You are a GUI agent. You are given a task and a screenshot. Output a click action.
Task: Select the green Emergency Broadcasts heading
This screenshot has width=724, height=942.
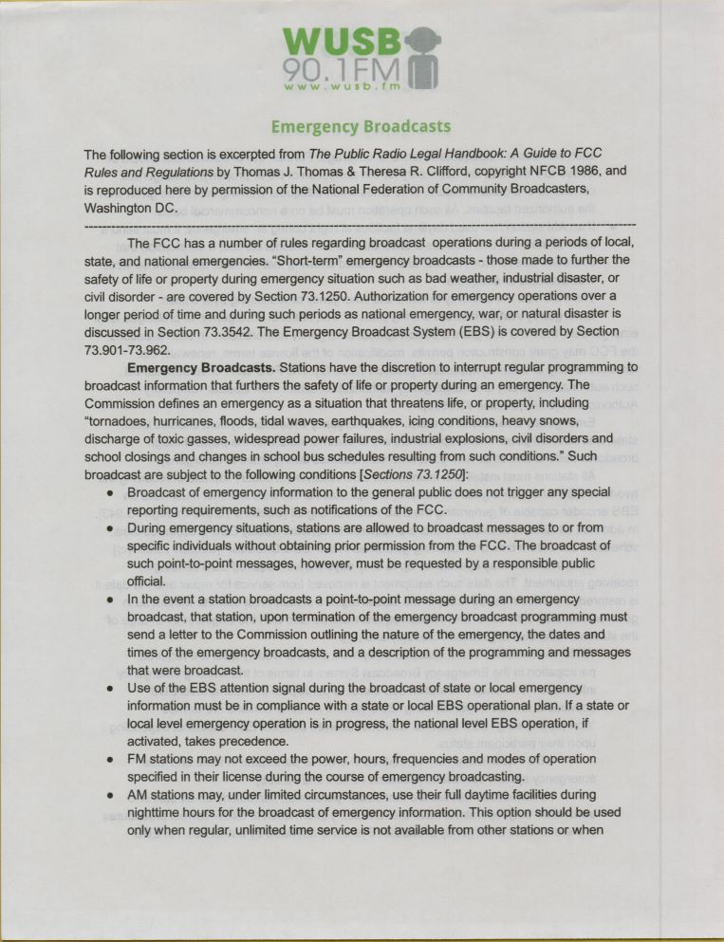[x=361, y=126]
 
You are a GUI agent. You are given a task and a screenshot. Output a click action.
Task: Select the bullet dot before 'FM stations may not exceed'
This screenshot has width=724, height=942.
[x=112, y=760]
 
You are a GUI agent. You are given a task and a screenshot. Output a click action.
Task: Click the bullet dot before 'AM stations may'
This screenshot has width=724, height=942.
[x=112, y=795]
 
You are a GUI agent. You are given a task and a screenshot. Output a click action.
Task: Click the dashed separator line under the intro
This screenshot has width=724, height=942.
[x=361, y=225]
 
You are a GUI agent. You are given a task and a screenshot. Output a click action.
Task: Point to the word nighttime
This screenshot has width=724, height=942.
[x=160, y=812]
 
